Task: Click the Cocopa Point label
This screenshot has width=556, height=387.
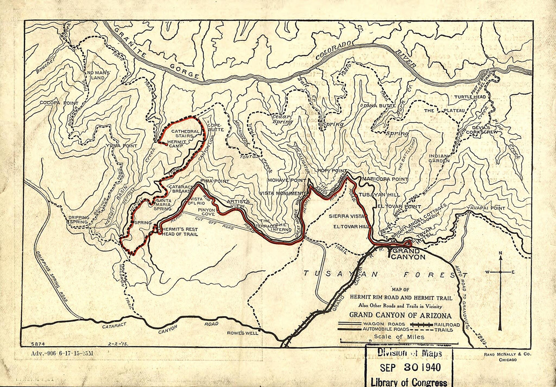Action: (59, 103)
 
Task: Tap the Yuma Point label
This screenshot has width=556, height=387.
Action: (121, 146)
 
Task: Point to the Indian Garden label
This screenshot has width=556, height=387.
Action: (439, 158)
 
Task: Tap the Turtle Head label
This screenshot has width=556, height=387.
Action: (470, 97)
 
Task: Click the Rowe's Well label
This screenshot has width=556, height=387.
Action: (242, 333)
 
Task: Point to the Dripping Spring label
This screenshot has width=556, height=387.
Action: (79, 220)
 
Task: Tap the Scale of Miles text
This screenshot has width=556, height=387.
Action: (399, 337)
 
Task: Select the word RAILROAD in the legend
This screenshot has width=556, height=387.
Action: (447, 324)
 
